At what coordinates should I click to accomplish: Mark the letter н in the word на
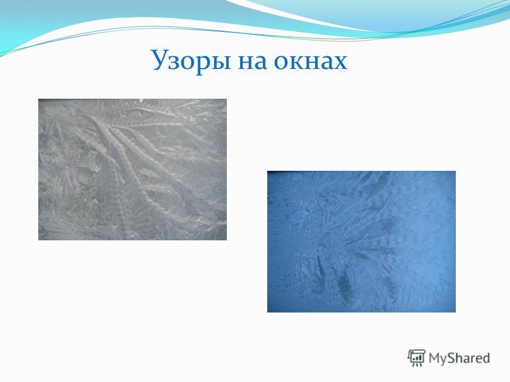click(x=246, y=62)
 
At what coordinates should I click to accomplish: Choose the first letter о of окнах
click(x=281, y=62)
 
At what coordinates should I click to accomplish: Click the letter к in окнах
click(x=296, y=62)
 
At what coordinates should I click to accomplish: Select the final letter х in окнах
click(x=340, y=62)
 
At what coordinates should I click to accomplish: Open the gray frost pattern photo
click(x=132, y=170)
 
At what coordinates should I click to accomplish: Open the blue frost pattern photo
click(x=361, y=242)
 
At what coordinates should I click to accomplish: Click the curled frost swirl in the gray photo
click(x=91, y=162)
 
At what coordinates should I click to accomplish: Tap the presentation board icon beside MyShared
click(x=416, y=358)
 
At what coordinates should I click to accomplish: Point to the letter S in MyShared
click(x=452, y=358)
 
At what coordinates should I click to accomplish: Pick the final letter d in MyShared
click(x=486, y=358)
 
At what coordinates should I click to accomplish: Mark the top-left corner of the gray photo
click(x=38, y=99)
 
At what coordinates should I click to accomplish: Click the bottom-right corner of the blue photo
click(x=456, y=312)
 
